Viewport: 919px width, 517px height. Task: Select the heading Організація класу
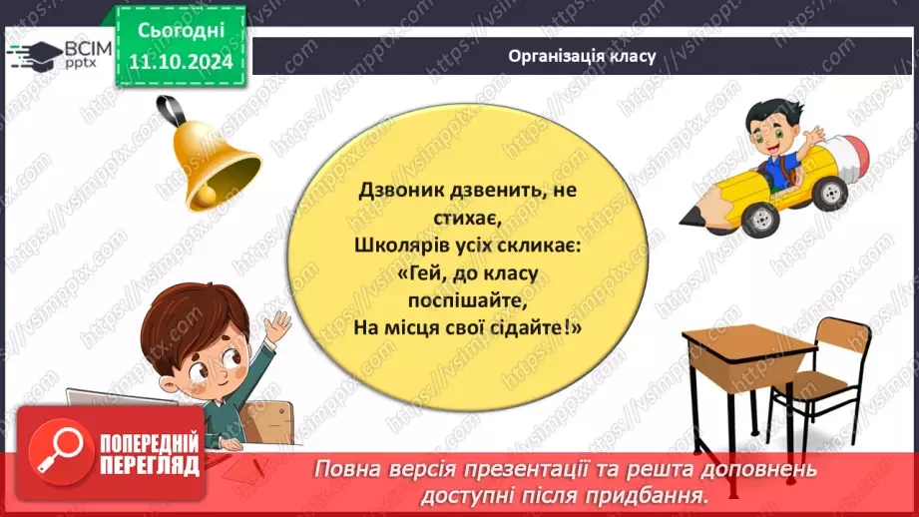(x=581, y=56)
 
